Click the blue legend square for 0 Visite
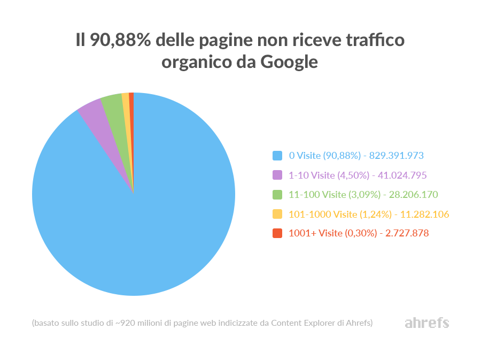tap(277, 156)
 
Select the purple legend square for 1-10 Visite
tap(277, 175)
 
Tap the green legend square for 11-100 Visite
tap(277, 194)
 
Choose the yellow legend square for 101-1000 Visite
tap(277, 214)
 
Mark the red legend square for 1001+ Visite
tap(277, 233)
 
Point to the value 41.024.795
tap(402, 175)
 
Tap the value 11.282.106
tap(424, 214)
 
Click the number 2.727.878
tap(404, 233)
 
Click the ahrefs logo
tap(426, 323)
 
